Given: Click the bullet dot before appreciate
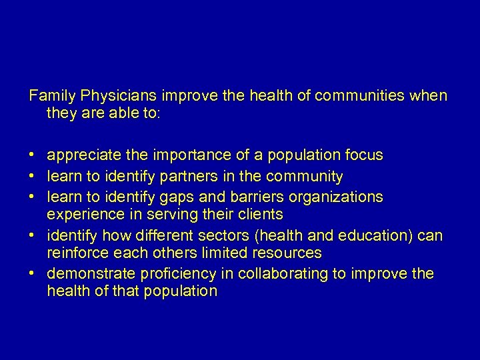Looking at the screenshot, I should click(32, 156).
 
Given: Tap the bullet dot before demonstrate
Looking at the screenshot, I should click(32, 274).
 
